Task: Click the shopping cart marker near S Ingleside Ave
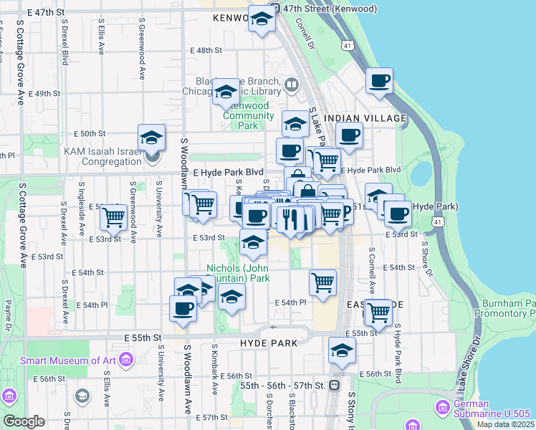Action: pos(113,216)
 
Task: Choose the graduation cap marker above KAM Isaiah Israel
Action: pos(151,136)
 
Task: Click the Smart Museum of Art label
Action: pos(69,360)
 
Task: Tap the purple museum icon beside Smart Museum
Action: pos(126,358)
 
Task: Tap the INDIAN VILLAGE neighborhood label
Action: pos(365,118)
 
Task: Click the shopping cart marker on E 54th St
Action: pos(323,282)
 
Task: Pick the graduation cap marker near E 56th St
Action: pos(343,350)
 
